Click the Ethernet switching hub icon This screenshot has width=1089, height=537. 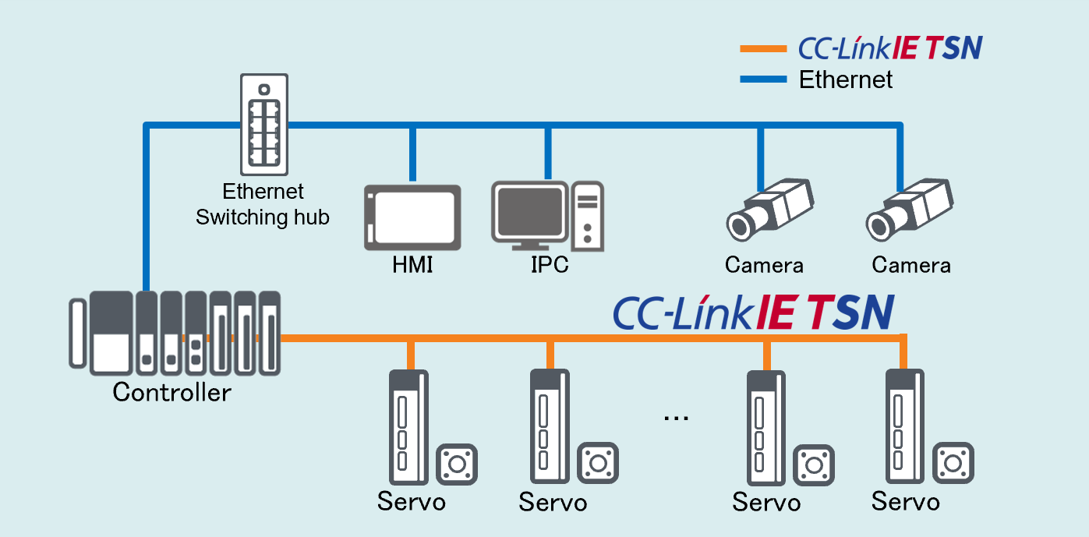(264, 124)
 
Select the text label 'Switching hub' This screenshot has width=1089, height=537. (262, 217)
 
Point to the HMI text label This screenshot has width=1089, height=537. (412, 265)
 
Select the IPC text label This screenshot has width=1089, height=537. (550, 265)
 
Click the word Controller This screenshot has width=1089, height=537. (171, 391)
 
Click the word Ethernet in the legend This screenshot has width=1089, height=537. (846, 79)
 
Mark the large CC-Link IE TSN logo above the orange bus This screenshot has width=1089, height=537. (753, 312)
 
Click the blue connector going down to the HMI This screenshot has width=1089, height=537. (412, 154)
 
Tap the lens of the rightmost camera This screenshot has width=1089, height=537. (880, 224)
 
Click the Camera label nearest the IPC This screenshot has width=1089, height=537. (764, 265)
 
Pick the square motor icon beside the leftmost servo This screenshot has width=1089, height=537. (457, 464)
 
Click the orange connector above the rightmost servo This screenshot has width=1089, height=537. (903, 353)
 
